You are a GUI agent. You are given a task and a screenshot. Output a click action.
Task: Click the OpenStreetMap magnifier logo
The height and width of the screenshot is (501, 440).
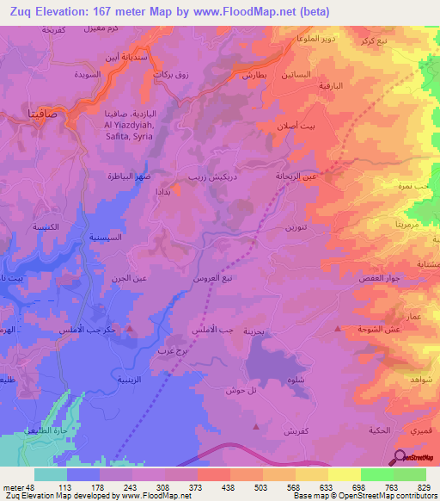pyautogui.click(x=401, y=457)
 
